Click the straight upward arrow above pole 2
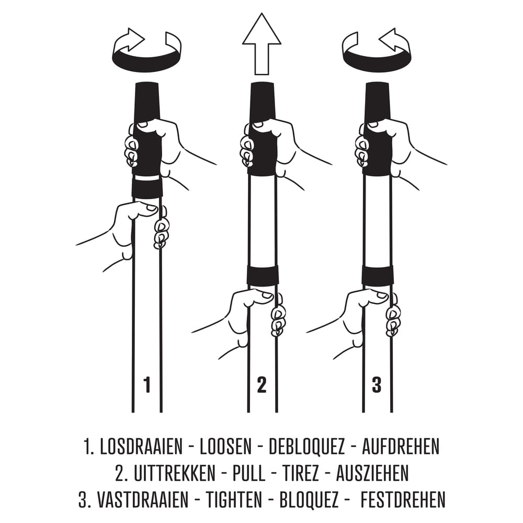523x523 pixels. click(261, 43)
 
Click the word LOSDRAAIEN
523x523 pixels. click(141, 447)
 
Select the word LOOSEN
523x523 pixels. click(225, 447)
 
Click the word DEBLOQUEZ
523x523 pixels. click(306, 447)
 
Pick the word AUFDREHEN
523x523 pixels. click(401, 447)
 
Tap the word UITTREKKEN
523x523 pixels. click(175, 473)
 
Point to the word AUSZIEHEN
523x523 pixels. click(372, 473)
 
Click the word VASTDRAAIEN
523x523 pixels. click(143, 499)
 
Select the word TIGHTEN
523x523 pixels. click(234, 499)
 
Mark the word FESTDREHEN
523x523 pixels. click(403, 499)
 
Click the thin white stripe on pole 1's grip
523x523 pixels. click(147, 178)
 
